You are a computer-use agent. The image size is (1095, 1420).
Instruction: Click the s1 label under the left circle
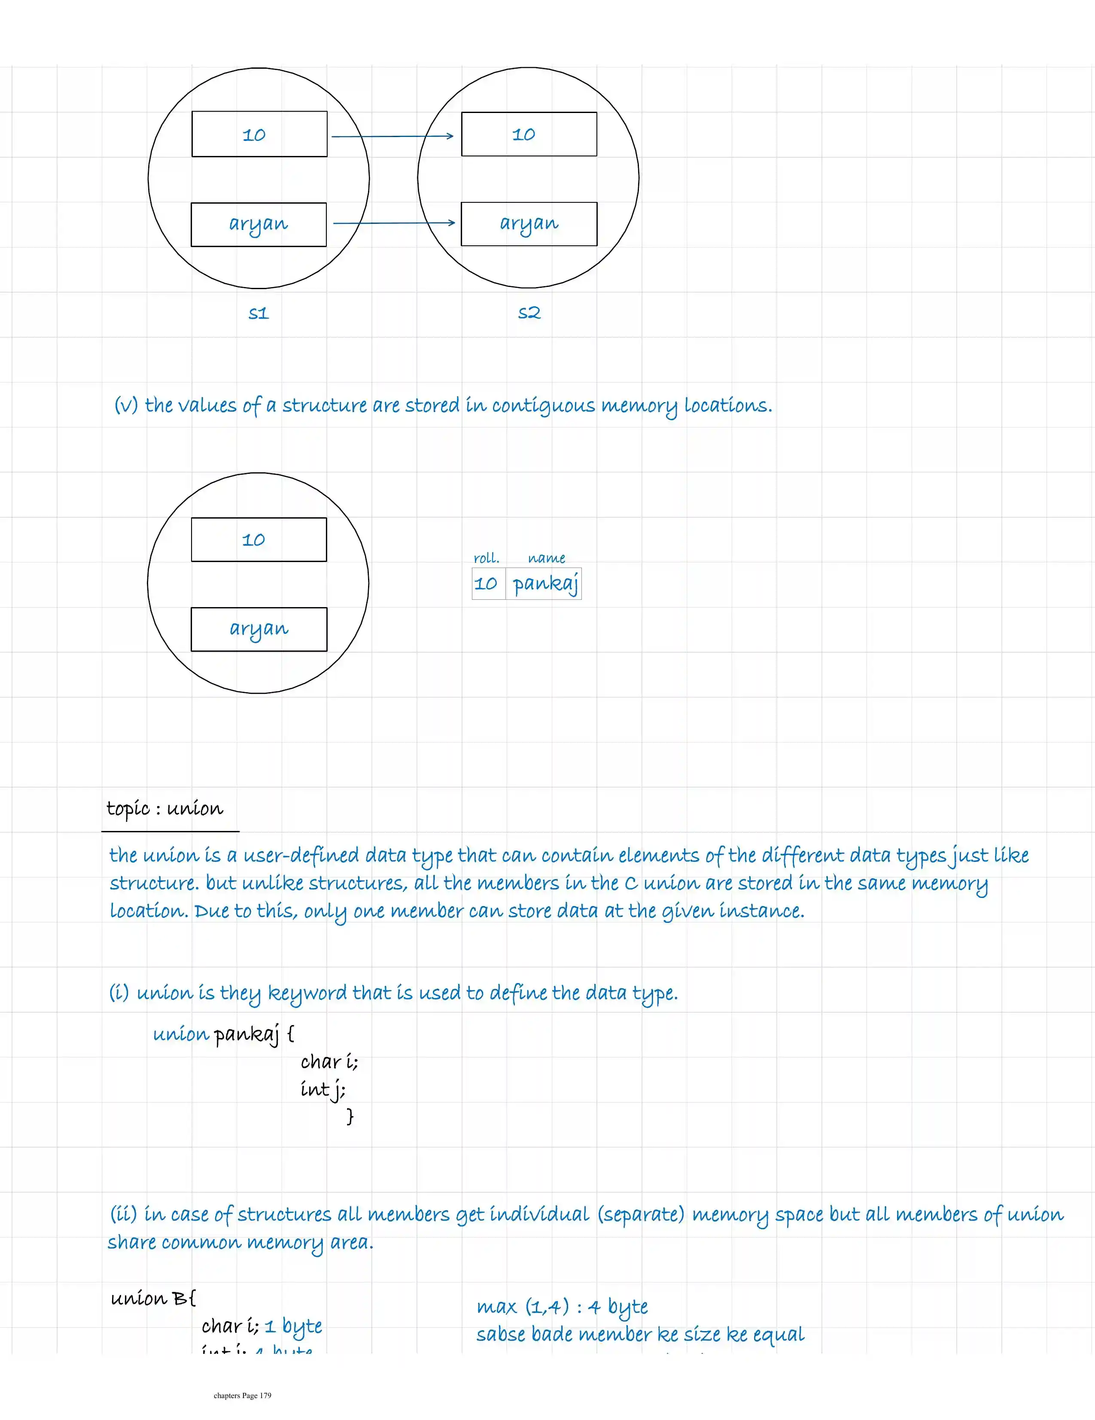[259, 313]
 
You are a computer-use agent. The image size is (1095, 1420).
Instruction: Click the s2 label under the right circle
[529, 313]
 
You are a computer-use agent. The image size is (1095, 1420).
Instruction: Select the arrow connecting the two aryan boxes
[394, 223]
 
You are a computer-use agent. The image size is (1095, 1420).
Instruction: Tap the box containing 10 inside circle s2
[529, 134]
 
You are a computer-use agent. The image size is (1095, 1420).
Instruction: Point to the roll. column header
[486, 558]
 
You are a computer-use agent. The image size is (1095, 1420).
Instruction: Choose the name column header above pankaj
[547, 558]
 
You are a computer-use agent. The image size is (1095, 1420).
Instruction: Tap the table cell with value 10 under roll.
[486, 583]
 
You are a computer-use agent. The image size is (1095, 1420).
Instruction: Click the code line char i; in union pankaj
[329, 1062]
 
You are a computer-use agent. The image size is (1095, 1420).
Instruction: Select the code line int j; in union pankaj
[323, 1089]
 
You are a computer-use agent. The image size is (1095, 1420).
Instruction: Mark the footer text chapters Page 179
[242, 1395]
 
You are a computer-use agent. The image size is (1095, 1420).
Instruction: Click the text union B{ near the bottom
[153, 1298]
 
